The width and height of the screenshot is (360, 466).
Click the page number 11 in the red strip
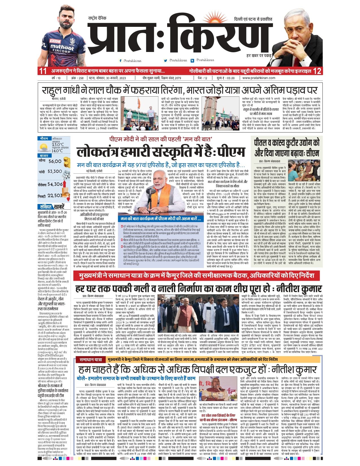coord(43,71)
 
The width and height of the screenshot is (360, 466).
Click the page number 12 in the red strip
coord(317,71)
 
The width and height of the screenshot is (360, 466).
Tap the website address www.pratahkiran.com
coord(259,78)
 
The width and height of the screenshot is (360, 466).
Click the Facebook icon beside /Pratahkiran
coord(121,60)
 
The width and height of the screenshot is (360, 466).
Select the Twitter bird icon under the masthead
coord(165,60)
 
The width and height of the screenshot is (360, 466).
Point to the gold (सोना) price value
coord(55,161)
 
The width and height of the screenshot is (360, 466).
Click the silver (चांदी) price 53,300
coord(55,171)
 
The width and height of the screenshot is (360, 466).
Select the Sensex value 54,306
coord(55,184)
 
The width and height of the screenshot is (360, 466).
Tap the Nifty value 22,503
coord(55,195)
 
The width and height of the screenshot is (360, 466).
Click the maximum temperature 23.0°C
coord(58,145)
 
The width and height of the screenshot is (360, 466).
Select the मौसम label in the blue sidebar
coord(44,139)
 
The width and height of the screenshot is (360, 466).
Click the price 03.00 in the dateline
coord(230,78)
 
